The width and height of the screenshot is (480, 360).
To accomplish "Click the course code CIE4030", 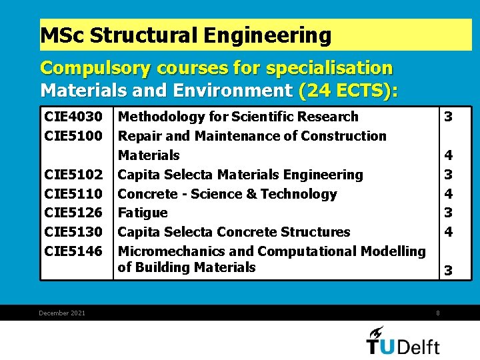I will pyautogui.click(x=73, y=117).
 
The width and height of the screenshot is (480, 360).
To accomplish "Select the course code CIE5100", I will pyautogui.click(x=73, y=136).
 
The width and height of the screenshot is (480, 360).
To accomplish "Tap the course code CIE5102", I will pyautogui.click(x=73, y=175).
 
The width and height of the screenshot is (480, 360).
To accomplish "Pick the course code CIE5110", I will pyautogui.click(x=73, y=194).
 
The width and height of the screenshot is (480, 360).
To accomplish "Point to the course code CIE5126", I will pyautogui.click(x=73, y=213).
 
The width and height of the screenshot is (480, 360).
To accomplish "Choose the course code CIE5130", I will pyautogui.click(x=73, y=232).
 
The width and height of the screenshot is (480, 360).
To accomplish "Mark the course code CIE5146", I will pyautogui.click(x=73, y=251).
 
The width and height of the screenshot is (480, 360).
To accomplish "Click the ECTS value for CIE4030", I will pyautogui.click(x=449, y=117).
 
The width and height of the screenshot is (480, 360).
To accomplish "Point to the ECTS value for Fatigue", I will pyautogui.click(x=449, y=213).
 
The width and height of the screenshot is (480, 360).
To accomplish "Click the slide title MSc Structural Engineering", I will pyautogui.click(x=185, y=35).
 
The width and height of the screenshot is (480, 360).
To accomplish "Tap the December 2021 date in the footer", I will pyautogui.click(x=62, y=313).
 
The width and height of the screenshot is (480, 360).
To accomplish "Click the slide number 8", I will pyautogui.click(x=438, y=313).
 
